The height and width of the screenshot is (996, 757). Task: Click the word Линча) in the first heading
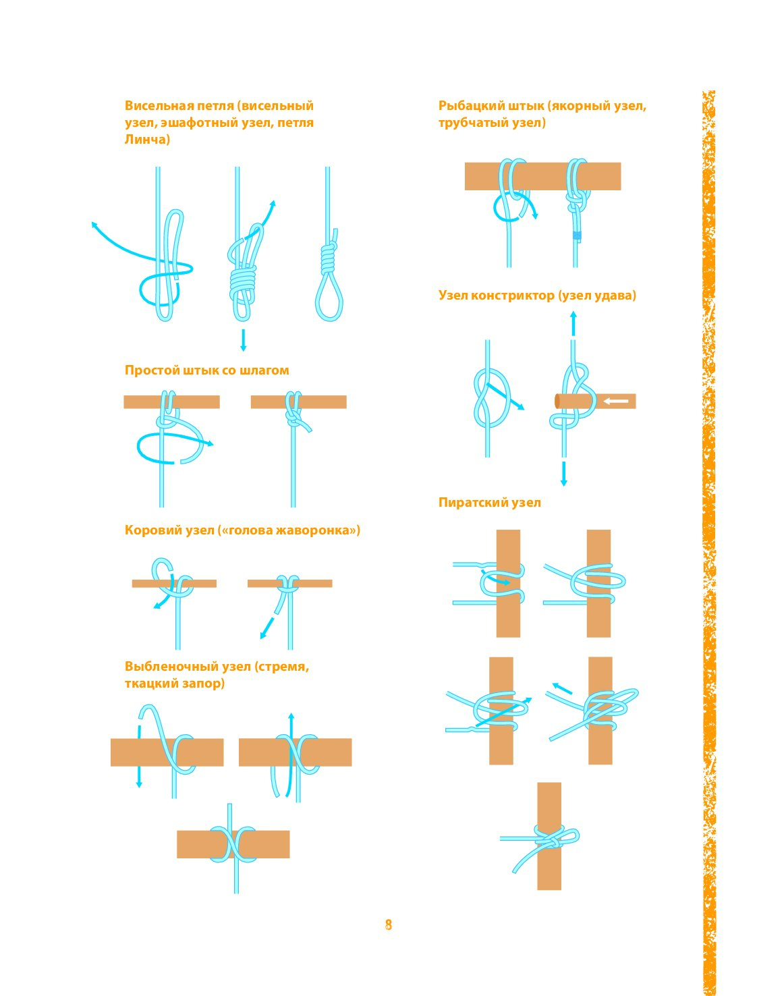(147, 139)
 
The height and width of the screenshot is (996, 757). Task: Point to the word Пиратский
(470, 503)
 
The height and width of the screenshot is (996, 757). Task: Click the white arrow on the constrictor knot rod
(616, 401)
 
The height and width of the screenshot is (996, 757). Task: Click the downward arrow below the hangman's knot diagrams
(243, 340)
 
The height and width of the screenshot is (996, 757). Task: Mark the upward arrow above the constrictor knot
(573, 323)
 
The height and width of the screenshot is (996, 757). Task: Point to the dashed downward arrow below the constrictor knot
(564, 474)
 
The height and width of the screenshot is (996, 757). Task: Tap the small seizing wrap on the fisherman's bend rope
(576, 236)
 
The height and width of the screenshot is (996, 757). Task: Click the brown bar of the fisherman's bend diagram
(542, 176)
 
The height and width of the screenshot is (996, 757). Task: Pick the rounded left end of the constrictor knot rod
(557, 401)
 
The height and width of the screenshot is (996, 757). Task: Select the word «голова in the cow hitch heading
(246, 530)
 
